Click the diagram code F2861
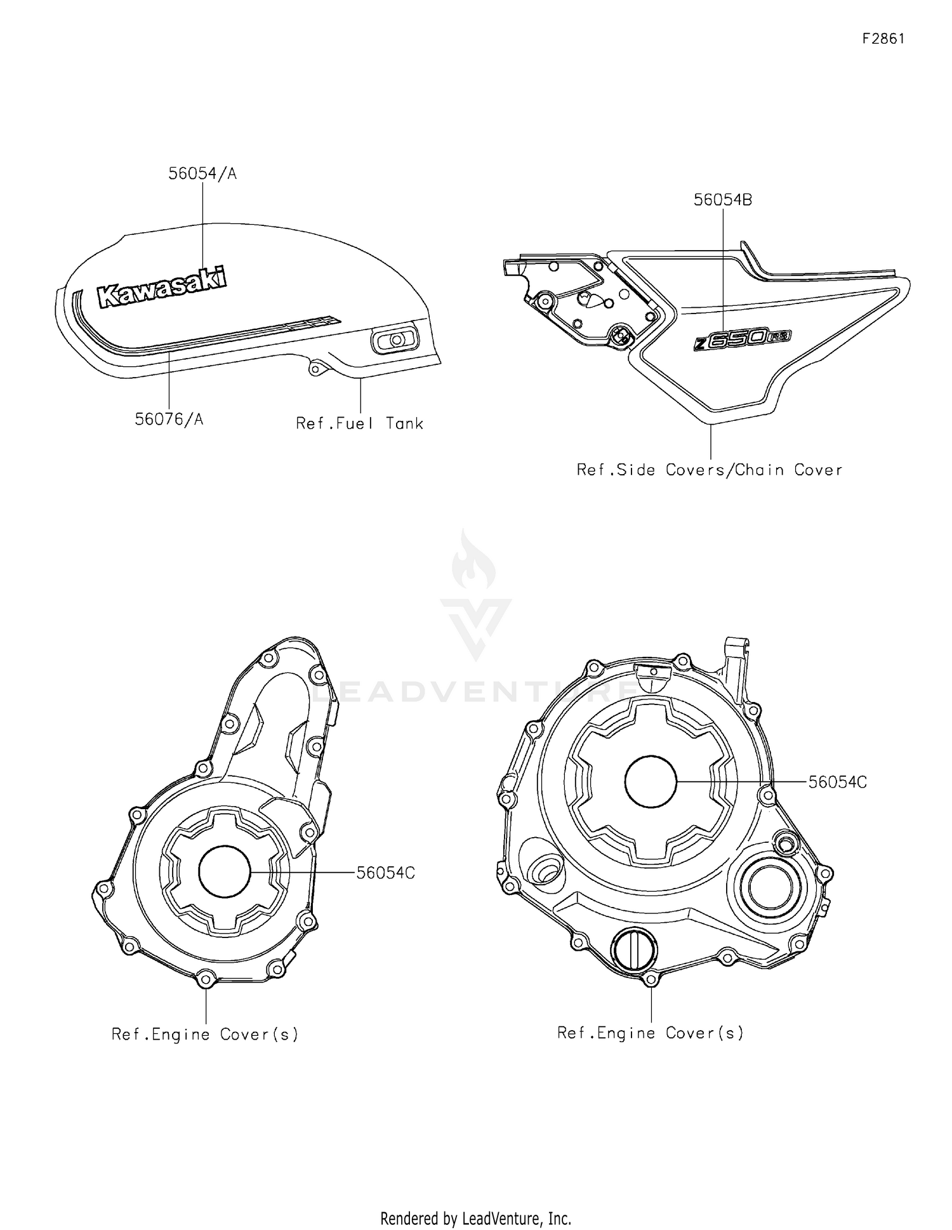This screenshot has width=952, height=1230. (883, 39)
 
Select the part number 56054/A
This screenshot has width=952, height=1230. (202, 174)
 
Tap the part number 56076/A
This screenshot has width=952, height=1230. (169, 420)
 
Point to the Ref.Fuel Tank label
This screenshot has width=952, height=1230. (359, 423)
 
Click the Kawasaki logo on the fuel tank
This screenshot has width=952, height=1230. (162, 288)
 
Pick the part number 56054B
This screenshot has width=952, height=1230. (723, 200)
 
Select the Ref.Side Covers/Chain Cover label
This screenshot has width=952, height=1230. (710, 470)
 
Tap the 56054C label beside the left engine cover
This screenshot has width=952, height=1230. (386, 873)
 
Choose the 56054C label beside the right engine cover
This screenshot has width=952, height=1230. (838, 783)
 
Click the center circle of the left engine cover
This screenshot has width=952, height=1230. (225, 873)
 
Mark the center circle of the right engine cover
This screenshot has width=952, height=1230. (651, 781)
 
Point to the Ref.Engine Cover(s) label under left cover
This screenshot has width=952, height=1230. (205, 1035)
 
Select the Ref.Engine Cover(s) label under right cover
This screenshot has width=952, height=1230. (651, 1033)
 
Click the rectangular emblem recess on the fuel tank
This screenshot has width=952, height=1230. (394, 341)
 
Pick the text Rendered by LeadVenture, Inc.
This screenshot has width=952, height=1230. (476, 1217)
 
